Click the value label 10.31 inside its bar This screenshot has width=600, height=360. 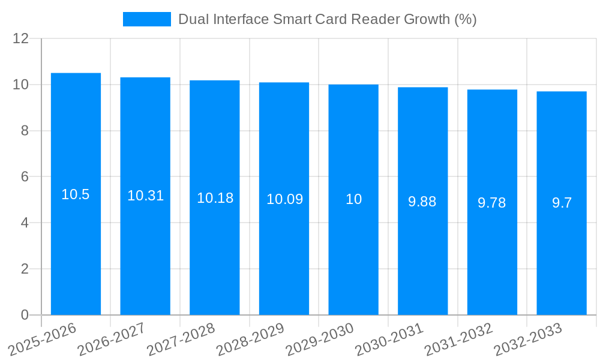pos(145,196)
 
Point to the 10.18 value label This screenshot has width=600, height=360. pos(215,198)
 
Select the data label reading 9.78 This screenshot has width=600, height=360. pos(492,203)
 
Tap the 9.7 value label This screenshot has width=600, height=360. pos(562,203)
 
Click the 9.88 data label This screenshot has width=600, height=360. pos(422,202)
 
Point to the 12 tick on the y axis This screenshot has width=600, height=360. pos(21,38)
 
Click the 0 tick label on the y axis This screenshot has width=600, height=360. pos(25,315)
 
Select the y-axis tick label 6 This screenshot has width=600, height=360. pos(25,177)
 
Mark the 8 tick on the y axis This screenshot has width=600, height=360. pos(25,131)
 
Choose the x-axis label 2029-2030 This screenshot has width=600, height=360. pos(320,338)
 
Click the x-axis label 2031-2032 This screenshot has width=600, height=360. pos(459,338)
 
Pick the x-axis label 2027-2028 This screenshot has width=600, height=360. pos(181,338)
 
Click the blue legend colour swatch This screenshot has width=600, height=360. pos(147,19)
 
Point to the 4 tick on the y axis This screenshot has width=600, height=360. pos(25,223)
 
